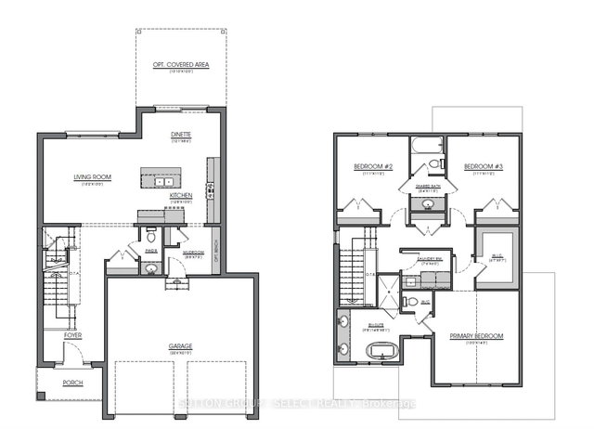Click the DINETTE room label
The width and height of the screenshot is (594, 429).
click(x=181, y=136)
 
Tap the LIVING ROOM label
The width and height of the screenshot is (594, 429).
click(x=93, y=176)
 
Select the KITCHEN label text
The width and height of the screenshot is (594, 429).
click(x=181, y=195)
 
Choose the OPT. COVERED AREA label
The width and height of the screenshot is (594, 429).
click(x=181, y=64)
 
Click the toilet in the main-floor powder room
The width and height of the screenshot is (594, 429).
click(x=151, y=238)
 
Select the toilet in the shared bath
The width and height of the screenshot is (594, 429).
click(x=433, y=165)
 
